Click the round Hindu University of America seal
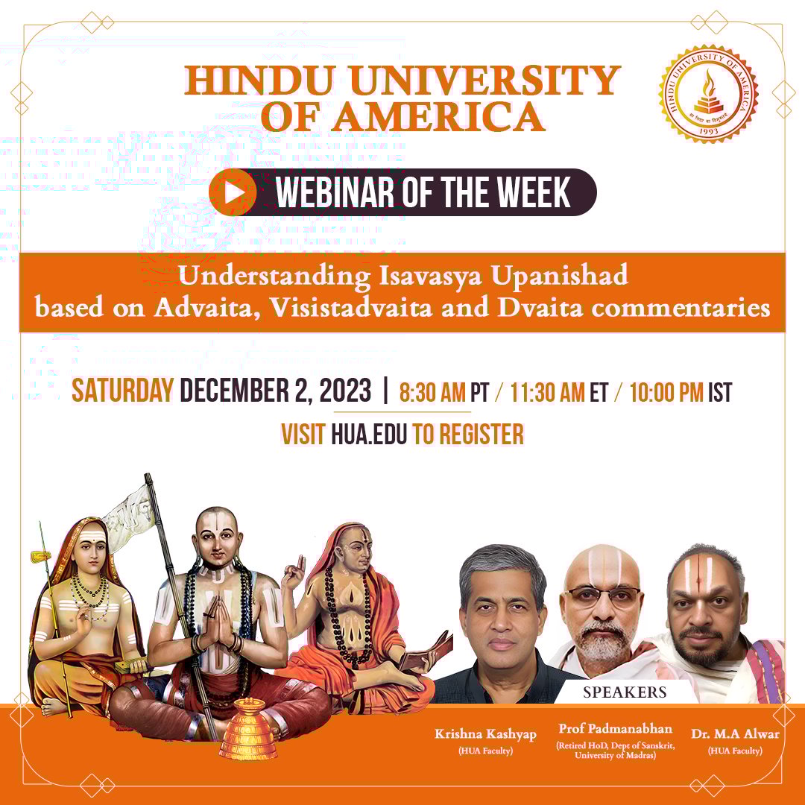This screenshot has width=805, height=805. [x=708, y=94]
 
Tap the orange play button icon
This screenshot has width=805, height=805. [x=233, y=192]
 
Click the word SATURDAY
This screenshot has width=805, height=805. [x=123, y=391]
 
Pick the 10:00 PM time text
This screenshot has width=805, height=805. [x=666, y=392]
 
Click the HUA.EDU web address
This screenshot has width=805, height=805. [x=369, y=434]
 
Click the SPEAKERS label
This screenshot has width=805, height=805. [x=625, y=692]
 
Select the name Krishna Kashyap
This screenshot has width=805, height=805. [x=485, y=734]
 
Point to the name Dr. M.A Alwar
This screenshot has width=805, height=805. [x=735, y=734]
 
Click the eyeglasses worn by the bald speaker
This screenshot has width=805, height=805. [x=603, y=595]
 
